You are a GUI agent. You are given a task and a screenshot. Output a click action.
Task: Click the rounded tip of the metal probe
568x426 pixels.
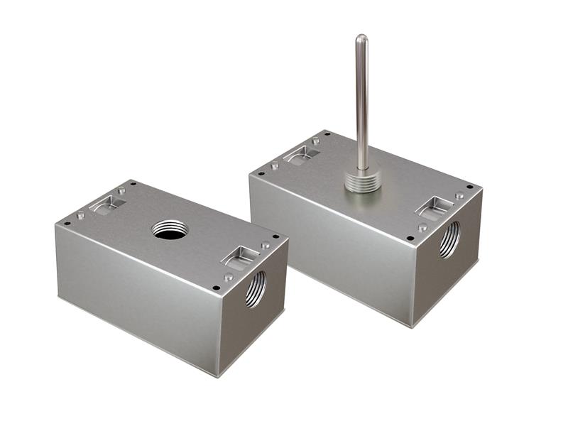[x=361, y=38]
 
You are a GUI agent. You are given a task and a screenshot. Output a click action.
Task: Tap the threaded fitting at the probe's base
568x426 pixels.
[x=362, y=178]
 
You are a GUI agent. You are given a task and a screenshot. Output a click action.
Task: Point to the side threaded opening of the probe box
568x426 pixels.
[x=449, y=239]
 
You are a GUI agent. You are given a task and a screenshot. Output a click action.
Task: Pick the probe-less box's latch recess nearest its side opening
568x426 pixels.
[x=239, y=256]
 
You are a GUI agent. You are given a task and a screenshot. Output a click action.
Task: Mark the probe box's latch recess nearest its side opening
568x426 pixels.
[x=434, y=206]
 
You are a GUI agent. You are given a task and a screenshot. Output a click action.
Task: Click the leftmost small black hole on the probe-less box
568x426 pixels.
[x=67, y=223]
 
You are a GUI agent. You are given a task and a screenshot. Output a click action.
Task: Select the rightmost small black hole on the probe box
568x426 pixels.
[x=469, y=187]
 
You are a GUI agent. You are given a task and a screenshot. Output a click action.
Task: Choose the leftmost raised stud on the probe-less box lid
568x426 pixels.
[x=80, y=215]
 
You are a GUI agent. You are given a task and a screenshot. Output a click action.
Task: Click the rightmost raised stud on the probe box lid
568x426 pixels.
[x=459, y=195]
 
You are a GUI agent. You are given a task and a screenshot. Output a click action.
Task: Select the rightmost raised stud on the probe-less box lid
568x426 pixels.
[x=265, y=245]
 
